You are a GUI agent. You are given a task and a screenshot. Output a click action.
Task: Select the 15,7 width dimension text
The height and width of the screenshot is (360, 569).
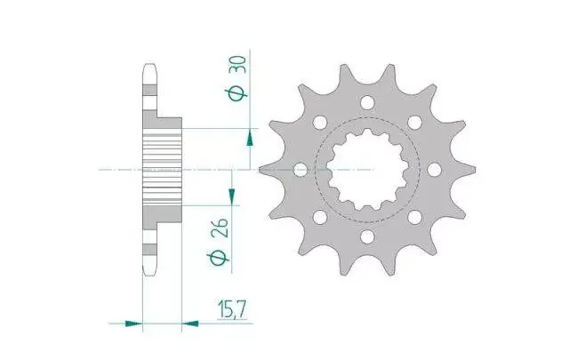point(232,310)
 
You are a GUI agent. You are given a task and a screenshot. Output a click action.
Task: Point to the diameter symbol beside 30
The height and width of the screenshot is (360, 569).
point(237,94)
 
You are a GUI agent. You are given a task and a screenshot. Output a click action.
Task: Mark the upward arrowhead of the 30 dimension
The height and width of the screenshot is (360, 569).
point(250,139)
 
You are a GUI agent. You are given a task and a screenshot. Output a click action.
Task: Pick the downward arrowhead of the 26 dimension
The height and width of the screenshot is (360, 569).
point(231,196)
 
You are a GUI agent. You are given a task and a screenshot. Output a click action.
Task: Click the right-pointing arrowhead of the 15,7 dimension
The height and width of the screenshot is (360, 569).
point(133,323)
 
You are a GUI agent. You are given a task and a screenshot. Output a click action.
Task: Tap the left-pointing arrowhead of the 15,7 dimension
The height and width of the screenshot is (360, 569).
point(189,323)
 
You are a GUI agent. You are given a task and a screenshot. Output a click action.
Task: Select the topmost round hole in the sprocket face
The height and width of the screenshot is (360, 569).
point(367,102)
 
